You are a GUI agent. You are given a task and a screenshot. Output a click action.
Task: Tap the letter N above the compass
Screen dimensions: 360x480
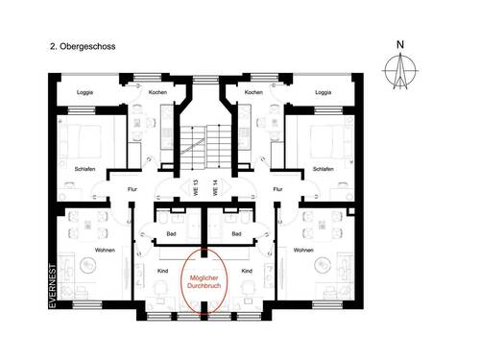pyautogui.click(x=399, y=44)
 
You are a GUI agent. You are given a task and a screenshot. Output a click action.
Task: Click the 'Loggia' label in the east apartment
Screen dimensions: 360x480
pyautogui.click(x=324, y=92)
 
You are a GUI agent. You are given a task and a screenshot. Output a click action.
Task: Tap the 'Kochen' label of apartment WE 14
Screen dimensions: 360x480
pyautogui.click(x=253, y=92)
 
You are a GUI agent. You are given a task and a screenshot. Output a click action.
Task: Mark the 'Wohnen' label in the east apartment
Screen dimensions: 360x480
pyautogui.click(x=303, y=250)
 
